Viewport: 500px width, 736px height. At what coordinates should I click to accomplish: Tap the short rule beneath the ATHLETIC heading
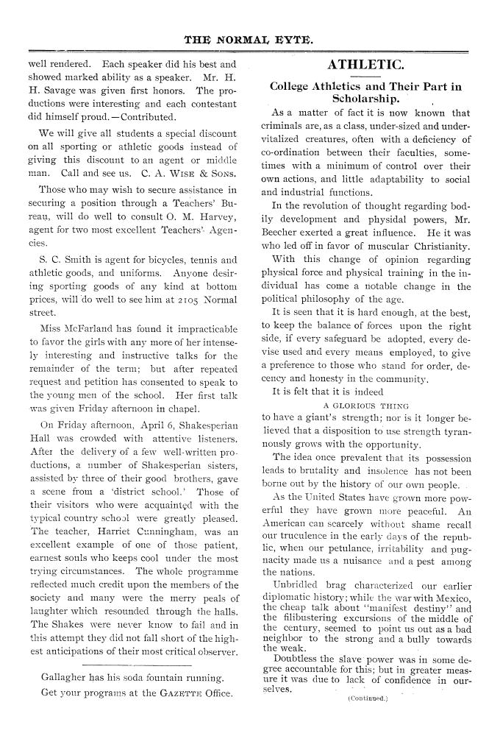[x=365, y=77]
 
